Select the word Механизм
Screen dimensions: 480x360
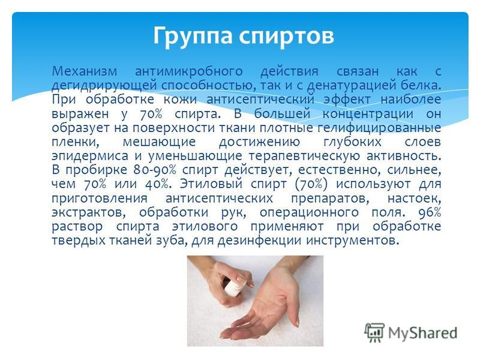85,71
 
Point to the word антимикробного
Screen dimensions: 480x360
189,71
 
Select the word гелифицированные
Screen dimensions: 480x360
379,128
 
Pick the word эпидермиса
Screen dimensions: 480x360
89,156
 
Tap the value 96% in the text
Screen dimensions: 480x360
430,212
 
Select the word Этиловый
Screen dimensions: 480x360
211,184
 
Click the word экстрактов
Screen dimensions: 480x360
88,212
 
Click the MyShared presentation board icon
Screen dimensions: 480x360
374,332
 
